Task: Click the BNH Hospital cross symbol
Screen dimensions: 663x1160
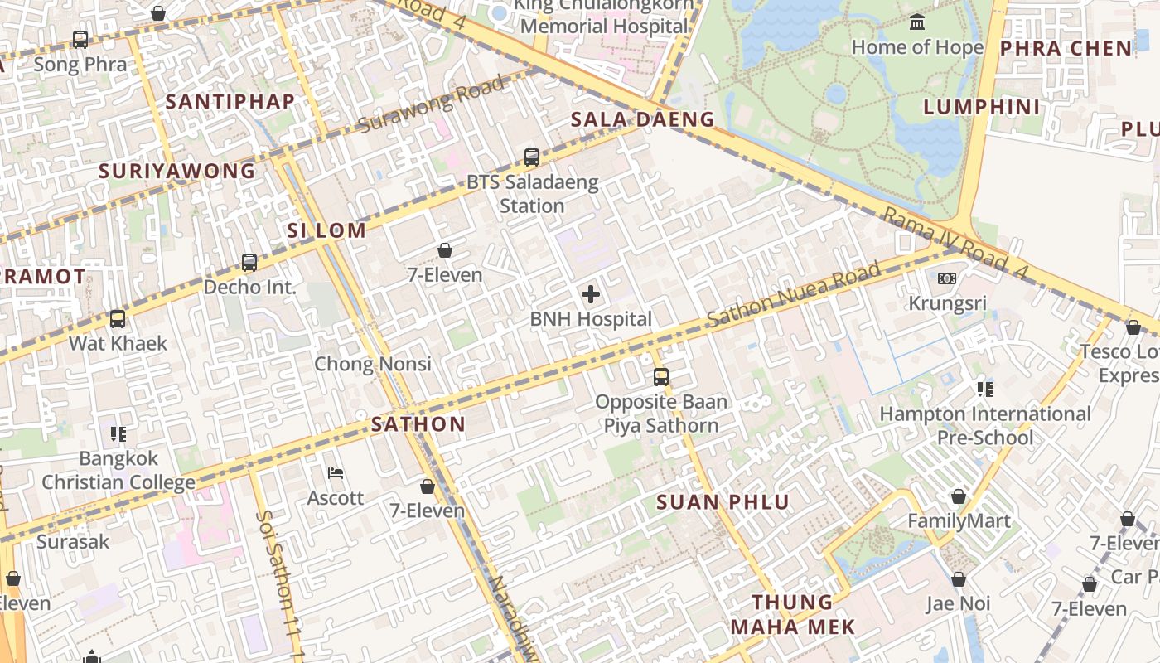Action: (x=591, y=294)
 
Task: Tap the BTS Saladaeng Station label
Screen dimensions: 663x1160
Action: (x=532, y=194)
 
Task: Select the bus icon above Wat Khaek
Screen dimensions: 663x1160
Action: (x=118, y=319)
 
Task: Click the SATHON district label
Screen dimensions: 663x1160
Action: (x=418, y=424)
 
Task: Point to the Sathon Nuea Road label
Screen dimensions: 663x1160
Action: (x=793, y=295)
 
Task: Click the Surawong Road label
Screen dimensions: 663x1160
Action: (x=431, y=104)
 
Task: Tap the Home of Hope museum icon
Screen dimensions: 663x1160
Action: (x=917, y=22)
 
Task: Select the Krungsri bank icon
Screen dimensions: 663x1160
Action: (x=947, y=278)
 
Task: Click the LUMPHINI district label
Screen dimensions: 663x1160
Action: (x=981, y=107)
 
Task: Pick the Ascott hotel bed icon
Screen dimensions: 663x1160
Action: (x=336, y=473)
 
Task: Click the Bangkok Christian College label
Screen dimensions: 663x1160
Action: (x=118, y=470)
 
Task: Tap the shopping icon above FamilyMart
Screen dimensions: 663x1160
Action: (x=959, y=496)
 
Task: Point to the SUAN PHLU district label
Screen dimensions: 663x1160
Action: (x=723, y=502)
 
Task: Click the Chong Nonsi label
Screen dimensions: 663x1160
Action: (x=372, y=364)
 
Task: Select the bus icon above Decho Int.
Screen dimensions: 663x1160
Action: (x=249, y=263)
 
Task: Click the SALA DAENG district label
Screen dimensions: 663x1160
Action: (x=642, y=119)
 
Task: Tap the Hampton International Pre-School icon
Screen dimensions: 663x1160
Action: (x=984, y=389)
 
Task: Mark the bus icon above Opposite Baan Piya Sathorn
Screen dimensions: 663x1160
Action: (x=660, y=377)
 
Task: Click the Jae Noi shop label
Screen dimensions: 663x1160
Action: (x=958, y=603)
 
